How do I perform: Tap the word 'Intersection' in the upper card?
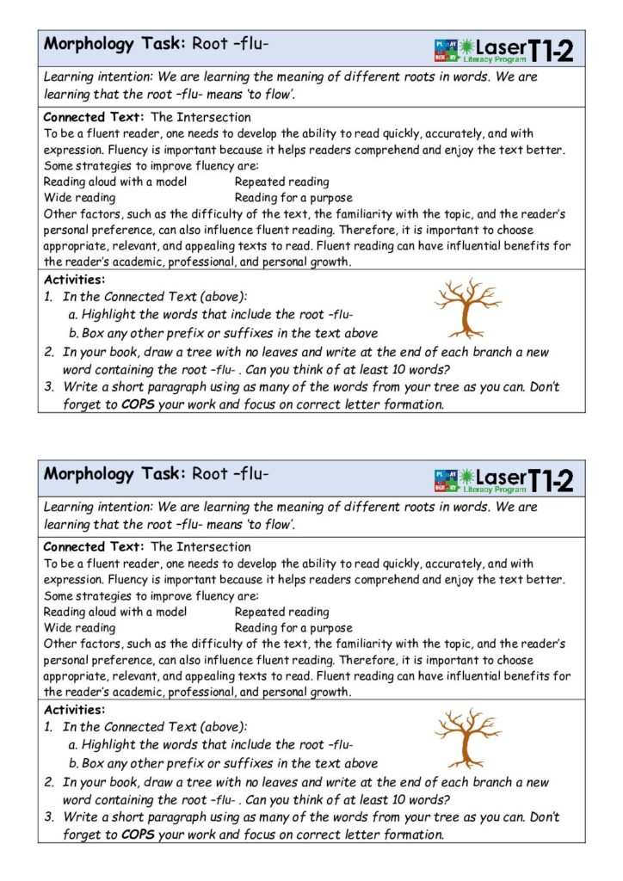point(214,117)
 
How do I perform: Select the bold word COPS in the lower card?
point(138,835)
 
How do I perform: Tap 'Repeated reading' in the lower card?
point(281,612)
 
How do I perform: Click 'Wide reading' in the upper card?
point(79,198)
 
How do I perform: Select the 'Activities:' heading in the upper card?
point(74,280)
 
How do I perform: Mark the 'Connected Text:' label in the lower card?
point(94,547)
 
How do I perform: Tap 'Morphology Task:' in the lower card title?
point(114,474)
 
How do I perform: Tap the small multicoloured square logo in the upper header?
point(446,50)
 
